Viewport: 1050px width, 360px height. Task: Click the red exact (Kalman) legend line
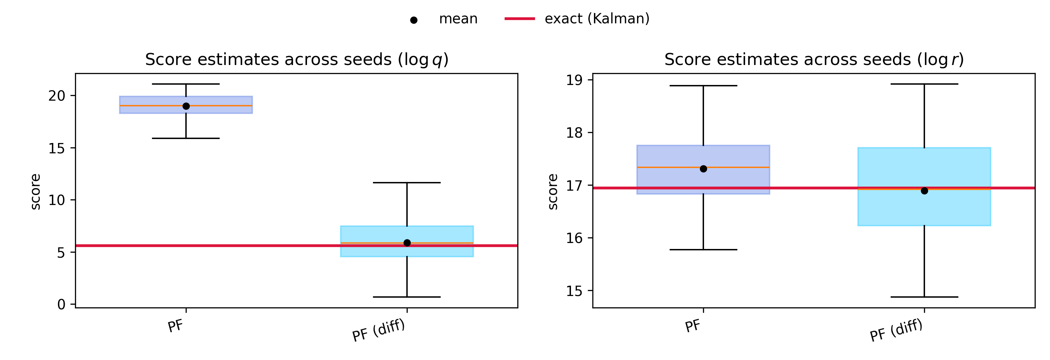519,19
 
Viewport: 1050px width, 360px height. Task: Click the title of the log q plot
297,60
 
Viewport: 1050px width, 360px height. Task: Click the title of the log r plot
814,60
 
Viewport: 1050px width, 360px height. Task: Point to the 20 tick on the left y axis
57,96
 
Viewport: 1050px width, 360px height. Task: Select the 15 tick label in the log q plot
57,148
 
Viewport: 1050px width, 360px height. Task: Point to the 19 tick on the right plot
574,80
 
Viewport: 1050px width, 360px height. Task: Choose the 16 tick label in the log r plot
574,238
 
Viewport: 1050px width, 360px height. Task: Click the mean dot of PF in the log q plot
186,106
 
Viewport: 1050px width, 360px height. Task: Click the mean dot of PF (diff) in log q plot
407,243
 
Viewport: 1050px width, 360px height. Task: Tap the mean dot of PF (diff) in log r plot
924,191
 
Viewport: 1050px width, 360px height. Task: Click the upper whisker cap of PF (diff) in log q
407,183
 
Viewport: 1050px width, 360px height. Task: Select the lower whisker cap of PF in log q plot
186,138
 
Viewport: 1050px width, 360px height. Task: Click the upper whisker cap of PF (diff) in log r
924,84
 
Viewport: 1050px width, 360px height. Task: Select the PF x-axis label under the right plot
693,326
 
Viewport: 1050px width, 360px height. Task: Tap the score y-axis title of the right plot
553,192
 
